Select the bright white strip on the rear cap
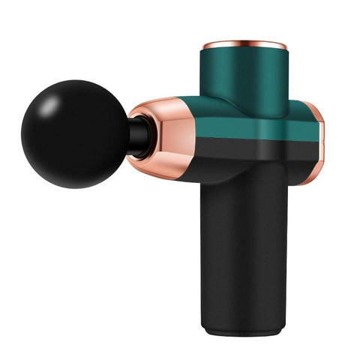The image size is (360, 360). (321, 135)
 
